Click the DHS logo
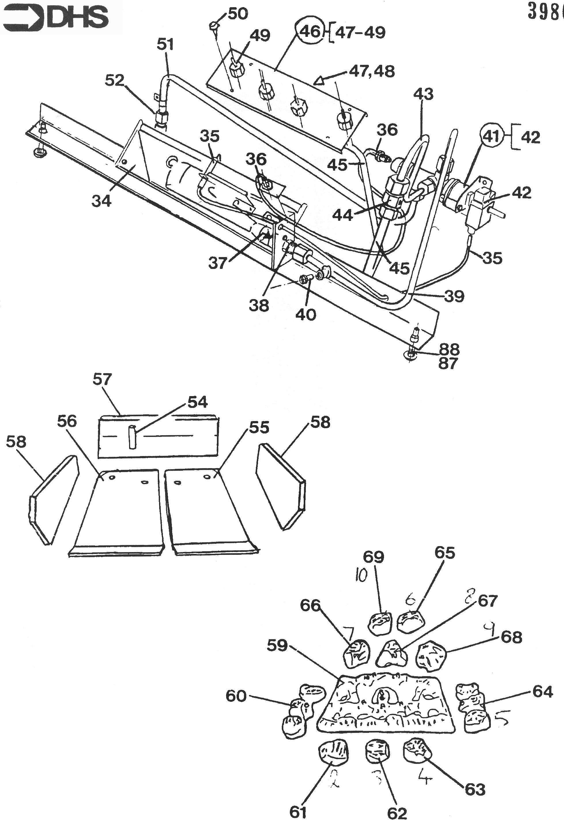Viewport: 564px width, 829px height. pos(61,17)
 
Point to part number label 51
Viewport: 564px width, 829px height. pos(165,45)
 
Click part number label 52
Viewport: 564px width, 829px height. pos(114,81)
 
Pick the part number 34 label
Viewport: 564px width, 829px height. pos(101,201)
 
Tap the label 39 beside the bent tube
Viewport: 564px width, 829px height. pos(454,296)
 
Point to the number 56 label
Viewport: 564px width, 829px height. pos(67,422)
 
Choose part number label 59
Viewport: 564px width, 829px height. pos(278,645)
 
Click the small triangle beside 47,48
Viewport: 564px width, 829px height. pos(319,81)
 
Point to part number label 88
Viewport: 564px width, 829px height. pos(449,349)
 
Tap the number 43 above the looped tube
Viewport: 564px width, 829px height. pos(423,94)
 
